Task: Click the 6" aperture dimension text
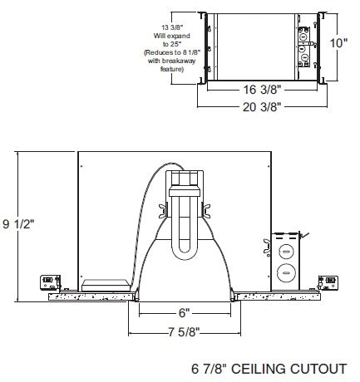click(183, 313)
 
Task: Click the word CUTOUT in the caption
click(320, 367)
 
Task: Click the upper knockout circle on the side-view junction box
click(286, 250)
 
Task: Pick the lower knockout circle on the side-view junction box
click(286, 270)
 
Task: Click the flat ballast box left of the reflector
click(107, 284)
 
